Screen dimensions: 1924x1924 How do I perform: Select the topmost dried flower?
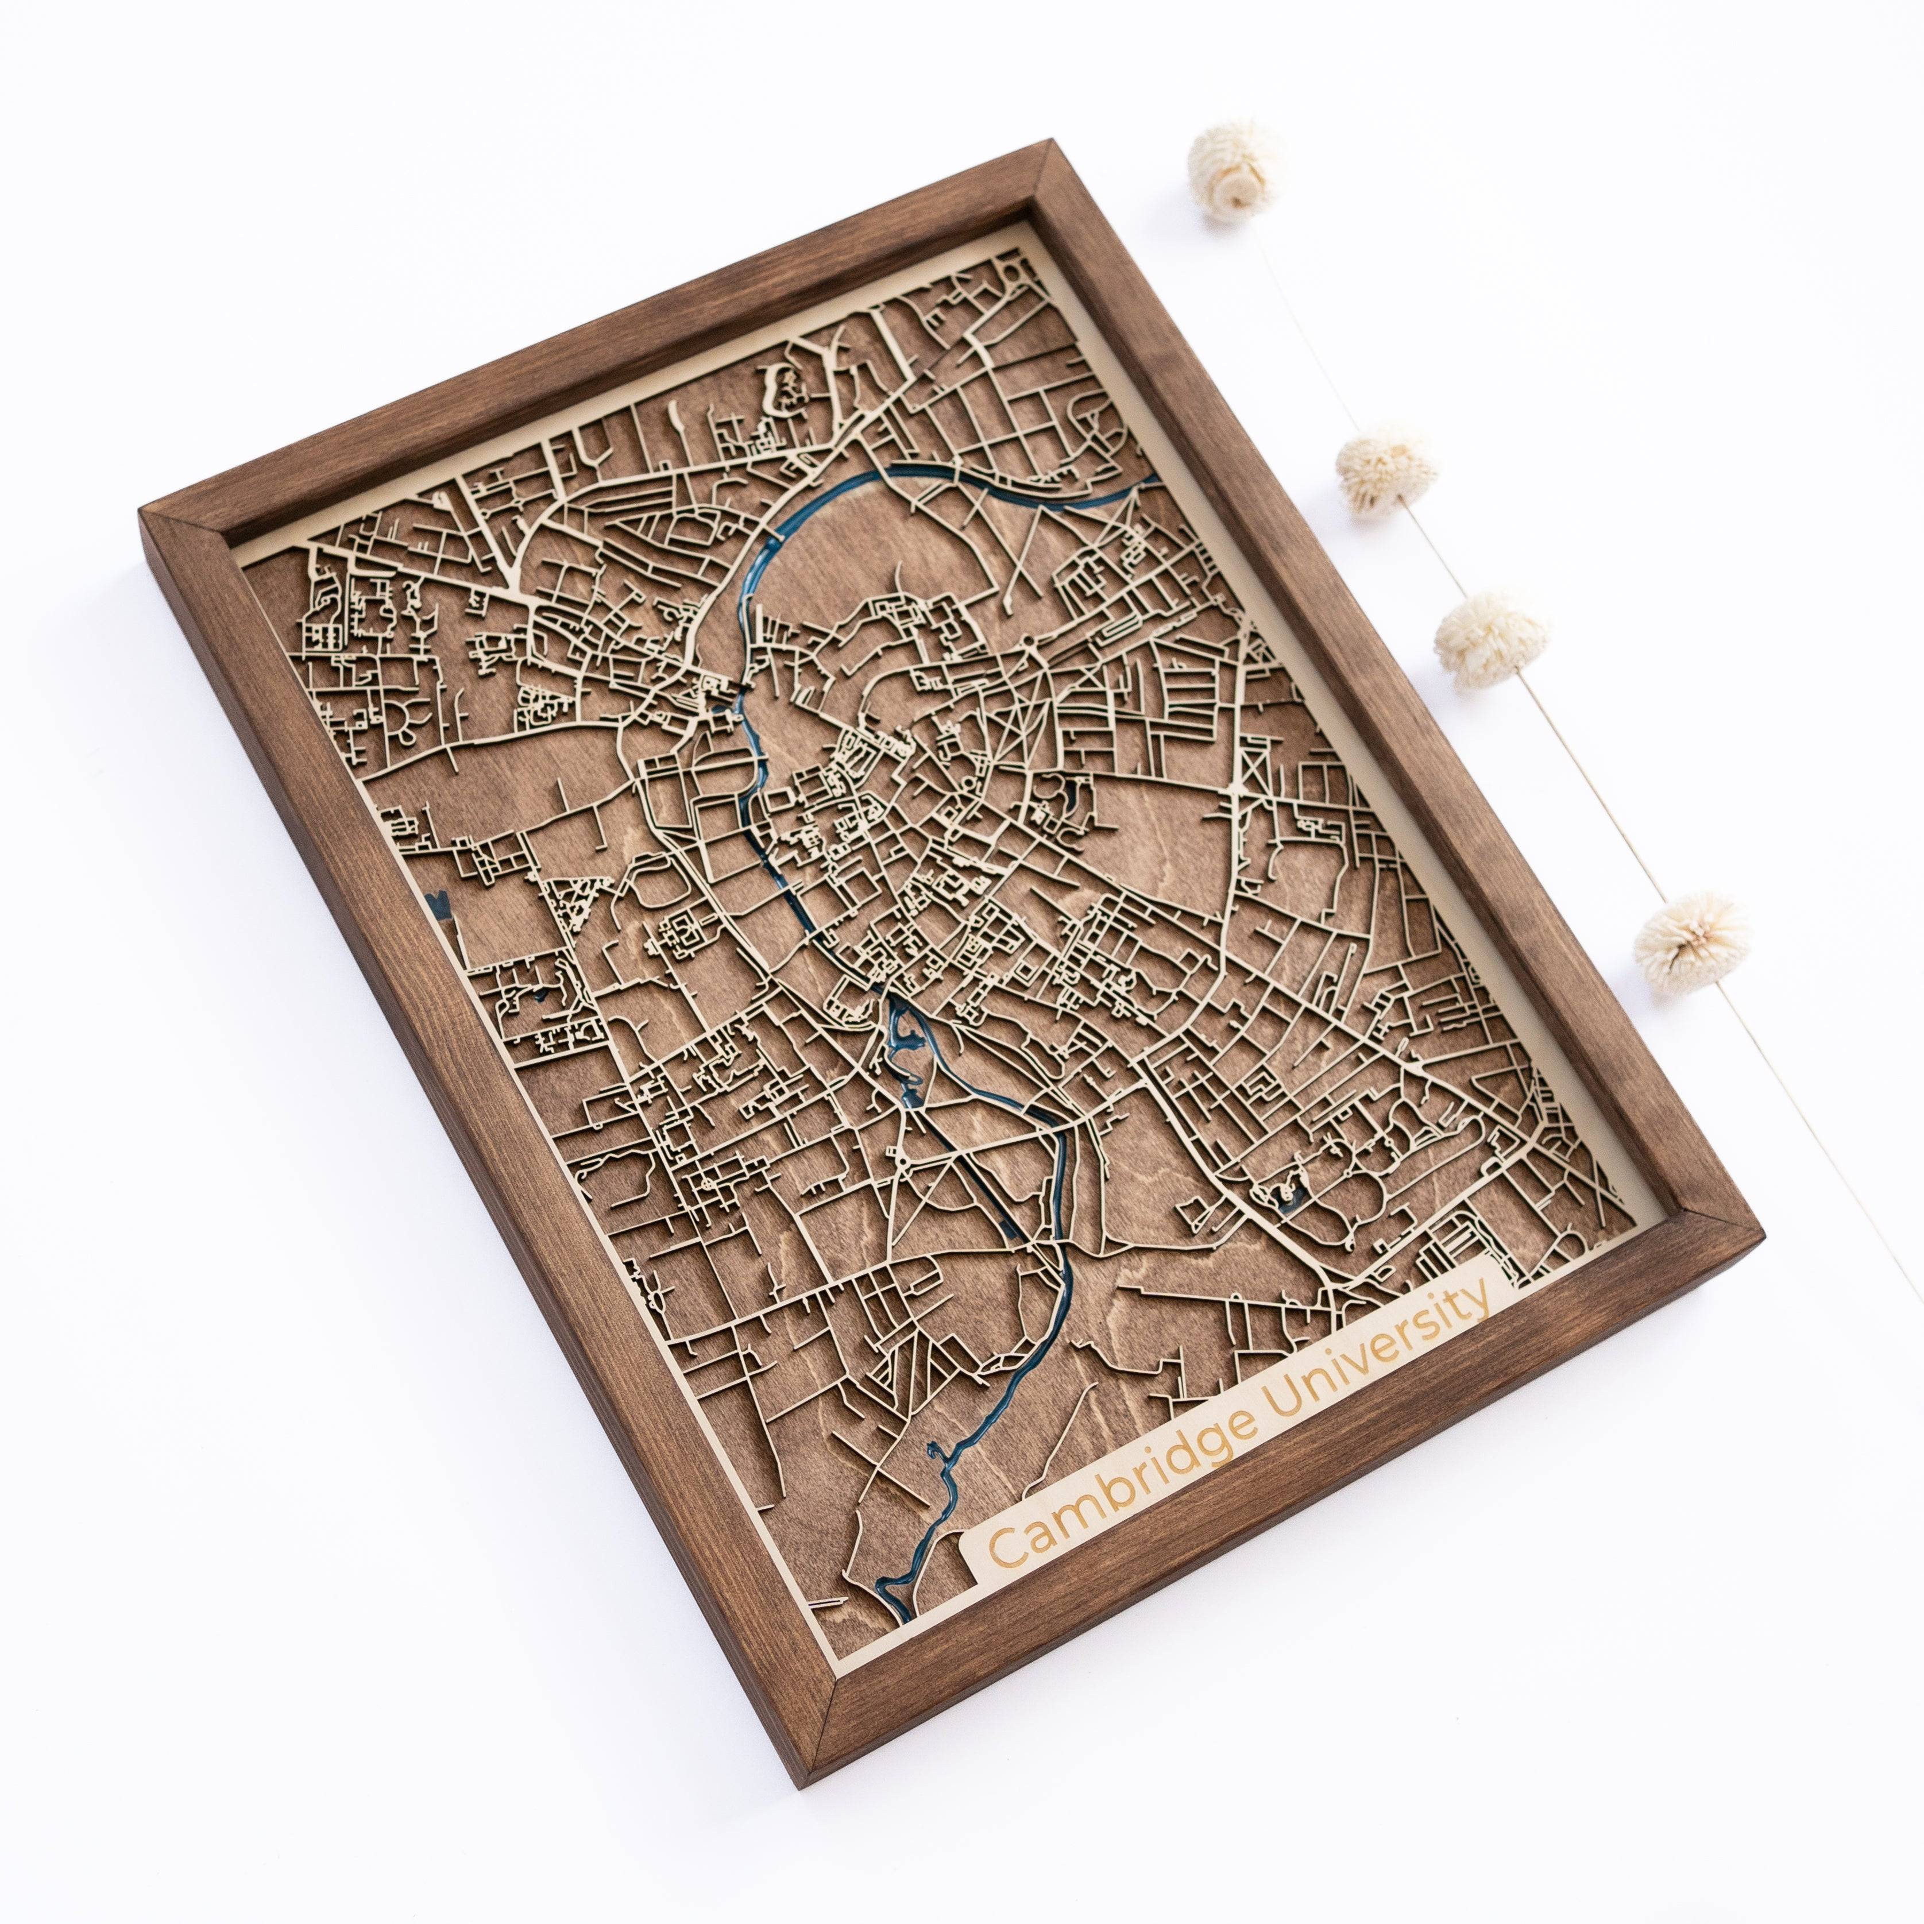tap(1235, 167)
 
